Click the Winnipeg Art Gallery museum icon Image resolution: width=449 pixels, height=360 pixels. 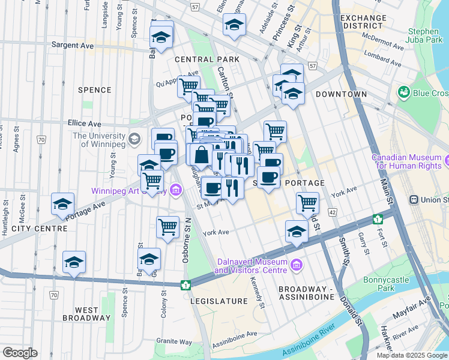tap(175, 191)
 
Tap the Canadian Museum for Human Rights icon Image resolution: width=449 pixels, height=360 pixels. tap(447, 160)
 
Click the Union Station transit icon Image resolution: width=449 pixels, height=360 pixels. tap(414, 199)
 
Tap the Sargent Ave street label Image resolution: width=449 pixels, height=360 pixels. tap(73, 44)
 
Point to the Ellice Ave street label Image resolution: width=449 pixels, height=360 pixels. tap(84, 123)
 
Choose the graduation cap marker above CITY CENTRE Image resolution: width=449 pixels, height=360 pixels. tap(63, 204)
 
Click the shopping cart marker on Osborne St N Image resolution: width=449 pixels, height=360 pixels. tap(167, 227)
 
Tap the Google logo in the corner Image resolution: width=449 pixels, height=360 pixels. tap(20, 353)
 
